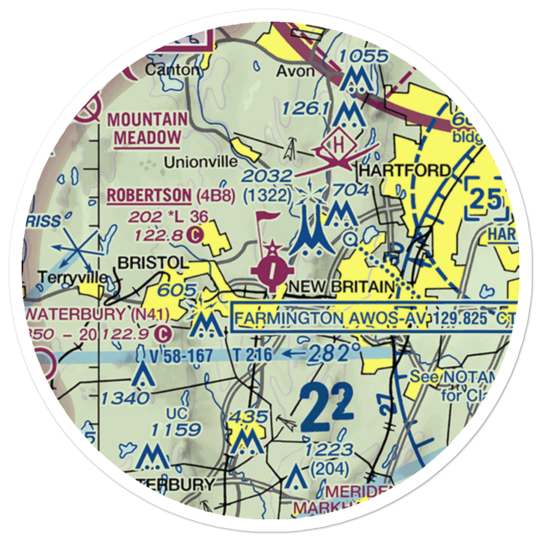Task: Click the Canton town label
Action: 166,70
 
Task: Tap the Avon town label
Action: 295,71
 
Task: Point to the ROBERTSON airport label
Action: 149,195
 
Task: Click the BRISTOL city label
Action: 153,263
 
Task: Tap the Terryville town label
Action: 73,278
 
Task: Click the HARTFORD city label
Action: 405,171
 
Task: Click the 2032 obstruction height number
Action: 267,176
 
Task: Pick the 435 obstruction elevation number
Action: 248,417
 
